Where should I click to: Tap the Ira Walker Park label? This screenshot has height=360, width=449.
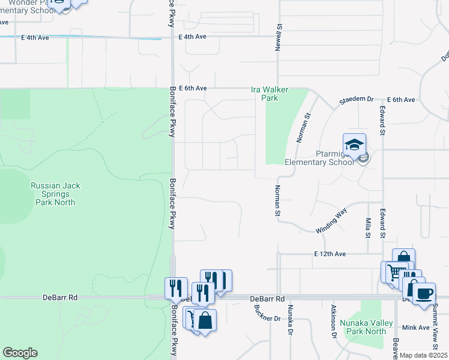click(270, 94)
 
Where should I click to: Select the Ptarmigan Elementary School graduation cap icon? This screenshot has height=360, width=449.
click(354, 145)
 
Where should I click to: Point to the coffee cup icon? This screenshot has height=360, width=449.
click(424, 293)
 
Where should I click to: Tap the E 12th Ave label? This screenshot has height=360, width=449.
click(330, 254)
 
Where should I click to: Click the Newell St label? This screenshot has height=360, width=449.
click(279, 38)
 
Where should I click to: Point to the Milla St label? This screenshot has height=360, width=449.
click(368, 227)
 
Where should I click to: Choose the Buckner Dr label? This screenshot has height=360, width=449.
click(259, 314)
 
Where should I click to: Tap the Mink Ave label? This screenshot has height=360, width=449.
click(416, 328)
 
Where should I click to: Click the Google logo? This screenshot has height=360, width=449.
click(20, 353)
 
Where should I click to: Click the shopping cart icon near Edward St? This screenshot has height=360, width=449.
click(393, 272)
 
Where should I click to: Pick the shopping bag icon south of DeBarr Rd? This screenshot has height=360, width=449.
click(205, 320)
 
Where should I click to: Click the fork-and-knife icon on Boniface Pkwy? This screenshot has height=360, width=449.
click(176, 287)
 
